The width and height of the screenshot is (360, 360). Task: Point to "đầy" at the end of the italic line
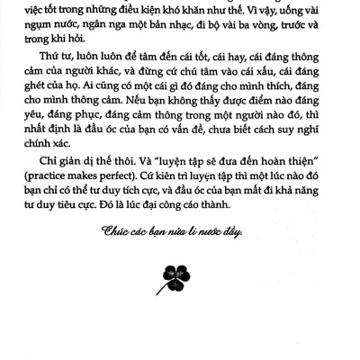coord(231,231)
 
